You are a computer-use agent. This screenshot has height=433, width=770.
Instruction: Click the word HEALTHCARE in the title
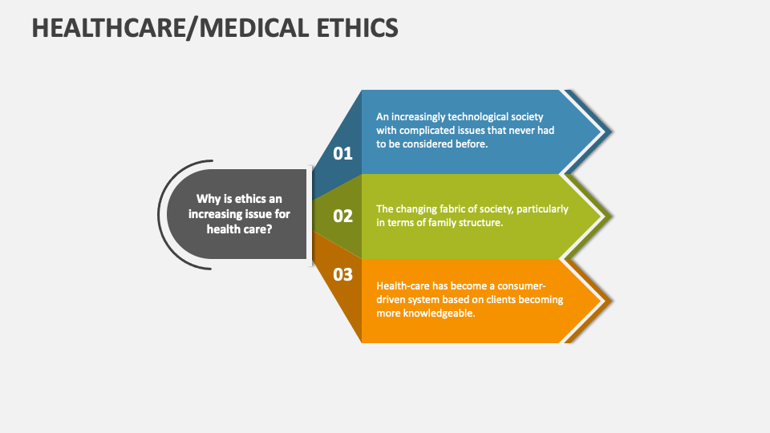click(x=109, y=28)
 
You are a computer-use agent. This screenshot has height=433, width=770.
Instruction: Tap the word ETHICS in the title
click(x=357, y=28)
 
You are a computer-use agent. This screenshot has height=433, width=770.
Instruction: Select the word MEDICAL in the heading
click(x=254, y=28)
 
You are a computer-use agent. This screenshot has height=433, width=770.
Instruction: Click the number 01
click(x=342, y=154)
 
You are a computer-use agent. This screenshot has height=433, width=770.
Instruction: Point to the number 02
click(x=342, y=216)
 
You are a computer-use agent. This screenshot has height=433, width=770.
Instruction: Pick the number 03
click(x=342, y=274)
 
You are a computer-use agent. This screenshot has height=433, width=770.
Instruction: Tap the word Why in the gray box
click(x=206, y=199)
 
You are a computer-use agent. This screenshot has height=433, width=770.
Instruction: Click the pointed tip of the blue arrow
click(x=611, y=132)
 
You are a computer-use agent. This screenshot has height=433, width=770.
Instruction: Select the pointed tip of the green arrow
click(x=611, y=216)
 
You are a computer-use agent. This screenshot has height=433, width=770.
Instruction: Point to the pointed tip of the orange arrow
click(x=611, y=301)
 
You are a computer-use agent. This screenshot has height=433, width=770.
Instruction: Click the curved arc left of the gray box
click(x=159, y=215)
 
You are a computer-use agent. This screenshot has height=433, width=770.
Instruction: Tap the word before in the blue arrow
click(x=472, y=144)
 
